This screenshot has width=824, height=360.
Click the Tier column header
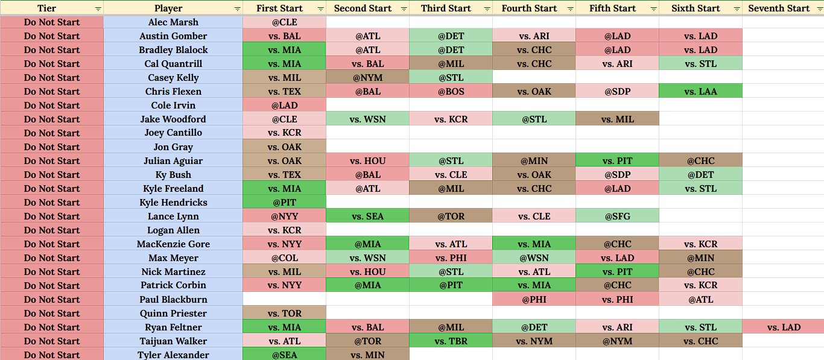(52, 8)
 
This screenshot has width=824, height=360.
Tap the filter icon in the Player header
(237, 9)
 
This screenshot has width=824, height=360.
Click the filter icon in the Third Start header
(487, 9)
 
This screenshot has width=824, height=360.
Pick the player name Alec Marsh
(173, 22)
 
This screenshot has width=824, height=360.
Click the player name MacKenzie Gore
(173, 244)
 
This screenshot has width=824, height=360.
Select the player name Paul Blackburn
(173, 299)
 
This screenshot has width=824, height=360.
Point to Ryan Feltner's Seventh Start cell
(783, 327)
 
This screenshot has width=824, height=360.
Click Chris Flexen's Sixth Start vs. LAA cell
(701, 91)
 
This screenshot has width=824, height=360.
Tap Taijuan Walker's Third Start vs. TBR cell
(451, 341)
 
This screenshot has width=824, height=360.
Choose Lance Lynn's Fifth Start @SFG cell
(618, 216)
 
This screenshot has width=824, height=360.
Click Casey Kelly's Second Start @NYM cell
(368, 78)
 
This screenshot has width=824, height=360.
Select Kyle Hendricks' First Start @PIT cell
(284, 202)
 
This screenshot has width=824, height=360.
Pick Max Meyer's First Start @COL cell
(284, 257)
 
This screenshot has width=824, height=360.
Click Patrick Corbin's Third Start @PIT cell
(451, 285)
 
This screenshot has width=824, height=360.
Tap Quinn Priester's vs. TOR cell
(284, 314)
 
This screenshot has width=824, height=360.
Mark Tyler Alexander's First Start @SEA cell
(284, 355)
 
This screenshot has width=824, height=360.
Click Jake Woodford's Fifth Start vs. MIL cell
(618, 119)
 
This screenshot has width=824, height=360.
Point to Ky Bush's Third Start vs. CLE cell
(451, 175)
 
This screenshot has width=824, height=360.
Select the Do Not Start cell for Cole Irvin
(52, 105)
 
